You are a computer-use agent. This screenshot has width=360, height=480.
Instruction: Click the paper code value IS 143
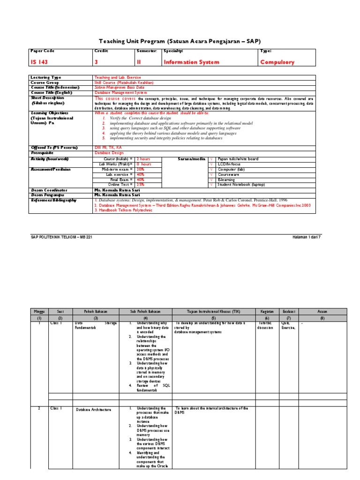(x=39, y=62)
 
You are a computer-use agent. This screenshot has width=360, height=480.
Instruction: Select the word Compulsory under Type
(x=277, y=62)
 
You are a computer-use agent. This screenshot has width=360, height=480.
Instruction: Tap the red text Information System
(x=191, y=62)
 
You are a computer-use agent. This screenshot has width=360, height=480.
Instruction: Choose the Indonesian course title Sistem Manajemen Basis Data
(x=120, y=87)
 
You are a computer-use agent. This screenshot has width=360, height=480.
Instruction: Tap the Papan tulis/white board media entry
(x=238, y=159)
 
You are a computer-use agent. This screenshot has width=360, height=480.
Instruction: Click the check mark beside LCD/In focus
(x=212, y=164)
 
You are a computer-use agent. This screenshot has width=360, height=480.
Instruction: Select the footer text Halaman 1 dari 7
(x=307, y=237)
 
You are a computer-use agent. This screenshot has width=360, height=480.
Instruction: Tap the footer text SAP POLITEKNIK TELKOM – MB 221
(x=60, y=237)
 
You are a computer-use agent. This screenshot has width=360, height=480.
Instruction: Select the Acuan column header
(x=322, y=311)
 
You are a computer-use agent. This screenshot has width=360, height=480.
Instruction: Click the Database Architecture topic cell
(x=94, y=409)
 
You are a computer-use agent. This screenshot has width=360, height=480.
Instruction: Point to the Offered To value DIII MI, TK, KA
(x=105, y=147)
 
